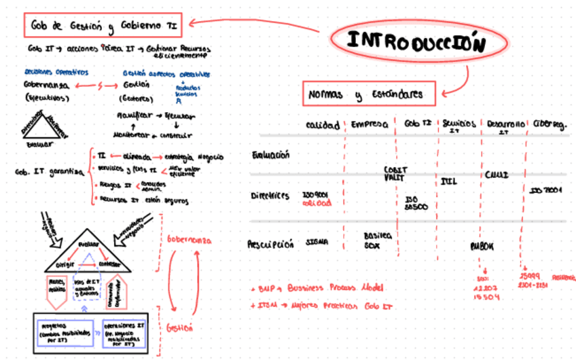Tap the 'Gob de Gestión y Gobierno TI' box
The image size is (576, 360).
103,25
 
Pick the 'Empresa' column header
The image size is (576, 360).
370,125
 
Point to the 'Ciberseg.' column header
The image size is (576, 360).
549,125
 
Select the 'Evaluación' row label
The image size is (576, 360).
271,155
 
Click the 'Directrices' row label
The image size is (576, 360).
270,196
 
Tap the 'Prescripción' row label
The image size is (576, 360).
270,244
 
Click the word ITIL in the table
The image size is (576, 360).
448,181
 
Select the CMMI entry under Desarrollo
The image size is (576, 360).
497,175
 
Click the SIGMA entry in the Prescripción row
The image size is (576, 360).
317,241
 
